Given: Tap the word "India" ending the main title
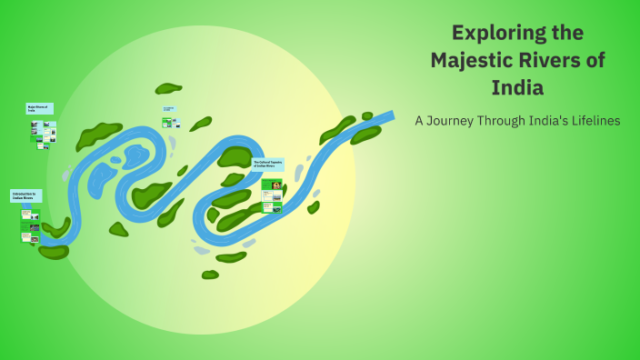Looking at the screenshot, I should (517, 89).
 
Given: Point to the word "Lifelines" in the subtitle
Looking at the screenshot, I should (590, 121).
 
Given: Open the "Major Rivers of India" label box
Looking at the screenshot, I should (39, 108).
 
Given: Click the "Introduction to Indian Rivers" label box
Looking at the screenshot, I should (25, 195).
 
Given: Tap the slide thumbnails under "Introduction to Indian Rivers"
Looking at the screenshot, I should (30, 225).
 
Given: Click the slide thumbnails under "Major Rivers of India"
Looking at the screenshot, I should (43, 135).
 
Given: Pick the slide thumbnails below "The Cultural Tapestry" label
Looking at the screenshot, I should (272, 195).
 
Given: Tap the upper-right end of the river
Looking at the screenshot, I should (389, 116).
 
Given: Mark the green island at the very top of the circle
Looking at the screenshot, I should (168, 88).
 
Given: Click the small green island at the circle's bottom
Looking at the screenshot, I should (210, 275).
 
